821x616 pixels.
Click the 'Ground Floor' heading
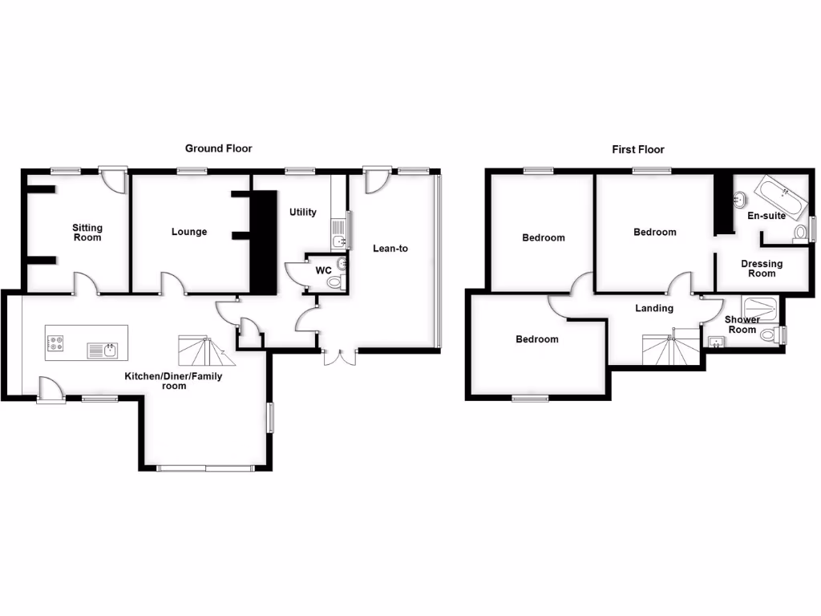(218, 148)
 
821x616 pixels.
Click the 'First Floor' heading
(638, 149)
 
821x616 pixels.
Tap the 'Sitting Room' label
(87, 233)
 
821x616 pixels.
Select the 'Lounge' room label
(189, 232)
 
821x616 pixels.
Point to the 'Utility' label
(303, 213)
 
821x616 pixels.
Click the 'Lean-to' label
(390, 249)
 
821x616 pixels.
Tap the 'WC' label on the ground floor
(323, 270)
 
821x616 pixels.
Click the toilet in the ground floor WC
(335, 282)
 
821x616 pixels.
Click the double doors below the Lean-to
(338, 358)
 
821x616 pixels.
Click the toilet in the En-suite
(799, 233)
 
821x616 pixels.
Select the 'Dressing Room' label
(762, 268)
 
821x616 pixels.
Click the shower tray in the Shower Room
(760, 306)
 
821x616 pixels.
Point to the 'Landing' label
(654, 308)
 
